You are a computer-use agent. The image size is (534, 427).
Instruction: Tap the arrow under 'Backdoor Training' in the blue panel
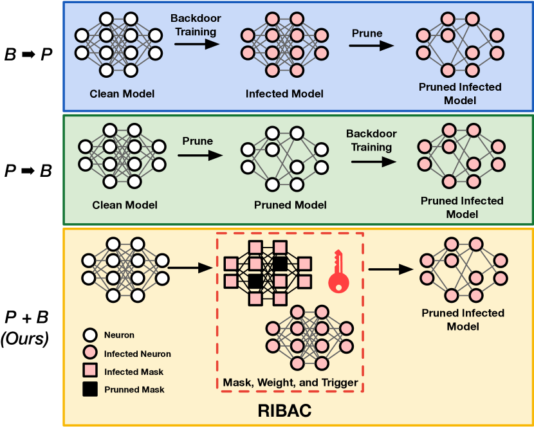[196, 44]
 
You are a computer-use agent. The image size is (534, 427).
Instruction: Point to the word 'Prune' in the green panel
[198, 140]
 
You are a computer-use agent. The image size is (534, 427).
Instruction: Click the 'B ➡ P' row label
[28, 54]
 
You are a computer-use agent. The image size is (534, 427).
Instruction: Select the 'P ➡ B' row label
[28, 172]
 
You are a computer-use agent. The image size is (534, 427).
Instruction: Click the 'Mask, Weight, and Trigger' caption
[290, 383]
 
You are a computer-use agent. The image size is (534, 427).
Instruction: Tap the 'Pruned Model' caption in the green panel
[290, 205]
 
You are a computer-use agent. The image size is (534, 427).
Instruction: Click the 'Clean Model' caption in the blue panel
[122, 94]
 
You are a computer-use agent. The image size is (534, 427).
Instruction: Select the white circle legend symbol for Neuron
[90, 335]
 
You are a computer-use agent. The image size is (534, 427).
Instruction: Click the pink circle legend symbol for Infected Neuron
[90, 353]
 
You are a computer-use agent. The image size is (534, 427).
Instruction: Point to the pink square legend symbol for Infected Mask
[90, 371]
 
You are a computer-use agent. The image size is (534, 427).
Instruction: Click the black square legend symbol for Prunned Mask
[90, 389]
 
